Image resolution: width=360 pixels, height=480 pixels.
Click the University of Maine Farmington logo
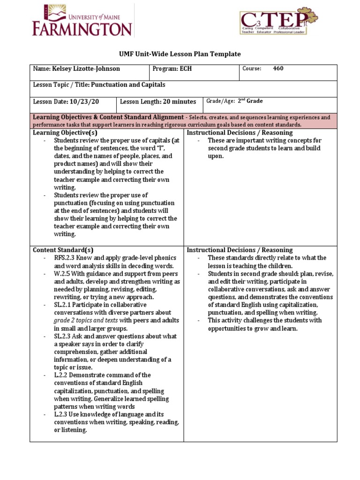click(x=82, y=21)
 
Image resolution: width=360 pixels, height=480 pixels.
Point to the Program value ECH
click(x=185, y=69)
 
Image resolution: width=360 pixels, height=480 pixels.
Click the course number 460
click(x=278, y=69)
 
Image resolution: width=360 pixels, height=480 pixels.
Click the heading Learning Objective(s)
click(x=62, y=133)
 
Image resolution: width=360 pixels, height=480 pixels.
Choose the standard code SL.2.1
click(x=64, y=305)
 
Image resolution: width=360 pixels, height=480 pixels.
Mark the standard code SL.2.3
click(x=64, y=336)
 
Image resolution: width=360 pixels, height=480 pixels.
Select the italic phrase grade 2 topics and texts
click(x=82, y=321)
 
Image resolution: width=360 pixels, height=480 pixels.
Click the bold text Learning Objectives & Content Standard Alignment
click(x=108, y=117)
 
